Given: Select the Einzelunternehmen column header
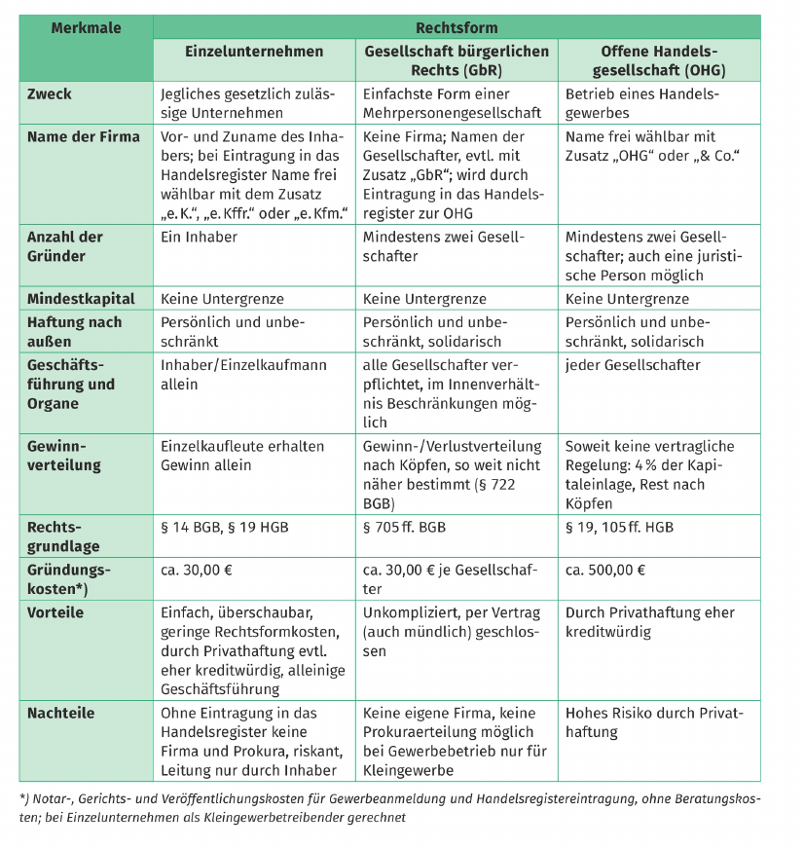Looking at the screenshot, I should (254, 52).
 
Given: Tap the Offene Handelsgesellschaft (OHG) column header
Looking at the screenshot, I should (658, 60).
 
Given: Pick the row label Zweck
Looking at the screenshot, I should (50, 94).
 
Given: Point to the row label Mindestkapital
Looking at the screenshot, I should (81, 299).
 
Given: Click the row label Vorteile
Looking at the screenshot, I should (55, 612).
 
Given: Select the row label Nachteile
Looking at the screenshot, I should (61, 713).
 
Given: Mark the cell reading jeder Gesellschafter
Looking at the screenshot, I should (632, 365).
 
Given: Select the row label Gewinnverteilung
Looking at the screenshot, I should (64, 456).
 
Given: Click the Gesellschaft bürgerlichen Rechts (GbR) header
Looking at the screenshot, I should (456, 60).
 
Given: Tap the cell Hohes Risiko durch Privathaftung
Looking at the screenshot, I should (654, 722).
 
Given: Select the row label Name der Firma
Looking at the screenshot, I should (84, 136).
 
